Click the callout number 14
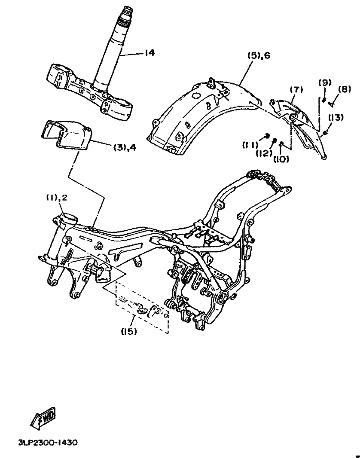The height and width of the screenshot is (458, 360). (158, 53)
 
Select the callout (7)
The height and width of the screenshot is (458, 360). (296, 89)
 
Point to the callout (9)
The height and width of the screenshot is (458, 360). (325, 82)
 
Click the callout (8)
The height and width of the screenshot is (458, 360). (345, 89)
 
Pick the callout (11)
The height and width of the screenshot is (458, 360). (250, 145)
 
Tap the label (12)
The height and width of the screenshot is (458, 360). (264, 153)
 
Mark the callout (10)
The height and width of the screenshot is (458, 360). (281, 159)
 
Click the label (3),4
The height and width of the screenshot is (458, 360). (125, 148)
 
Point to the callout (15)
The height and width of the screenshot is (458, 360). (129, 332)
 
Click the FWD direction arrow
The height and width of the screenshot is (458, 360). (43, 418)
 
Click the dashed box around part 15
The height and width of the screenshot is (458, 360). (142, 308)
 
